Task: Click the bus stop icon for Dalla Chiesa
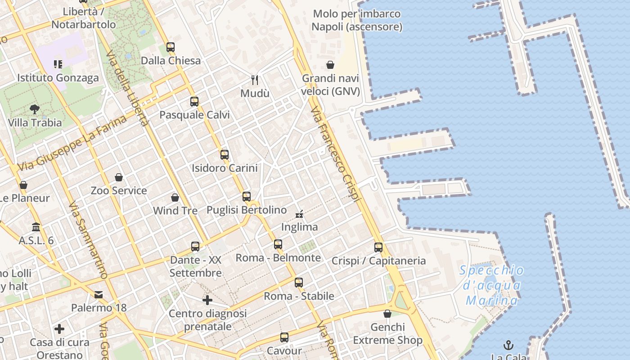coord(170,47)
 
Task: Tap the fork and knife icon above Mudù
coord(255,80)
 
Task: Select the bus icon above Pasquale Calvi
coord(194,101)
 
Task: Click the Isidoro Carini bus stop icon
coord(225,154)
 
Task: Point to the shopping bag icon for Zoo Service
coord(119,177)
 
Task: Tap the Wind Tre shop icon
coord(175,198)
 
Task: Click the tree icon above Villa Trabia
coord(35,109)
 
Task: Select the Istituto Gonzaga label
coord(58,78)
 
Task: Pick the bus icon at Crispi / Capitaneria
coord(378,247)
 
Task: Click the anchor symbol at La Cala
coord(508,345)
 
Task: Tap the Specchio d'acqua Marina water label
coord(492,285)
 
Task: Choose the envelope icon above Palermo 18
coord(99,295)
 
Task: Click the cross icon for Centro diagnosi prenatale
coord(207,300)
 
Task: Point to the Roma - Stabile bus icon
coord(299,283)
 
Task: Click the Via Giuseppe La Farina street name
coord(72,143)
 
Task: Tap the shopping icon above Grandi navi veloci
coord(330,65)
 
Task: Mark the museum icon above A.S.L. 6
coord(36,227)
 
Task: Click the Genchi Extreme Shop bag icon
coord(387,314)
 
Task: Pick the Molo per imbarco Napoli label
coord(356,20)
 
